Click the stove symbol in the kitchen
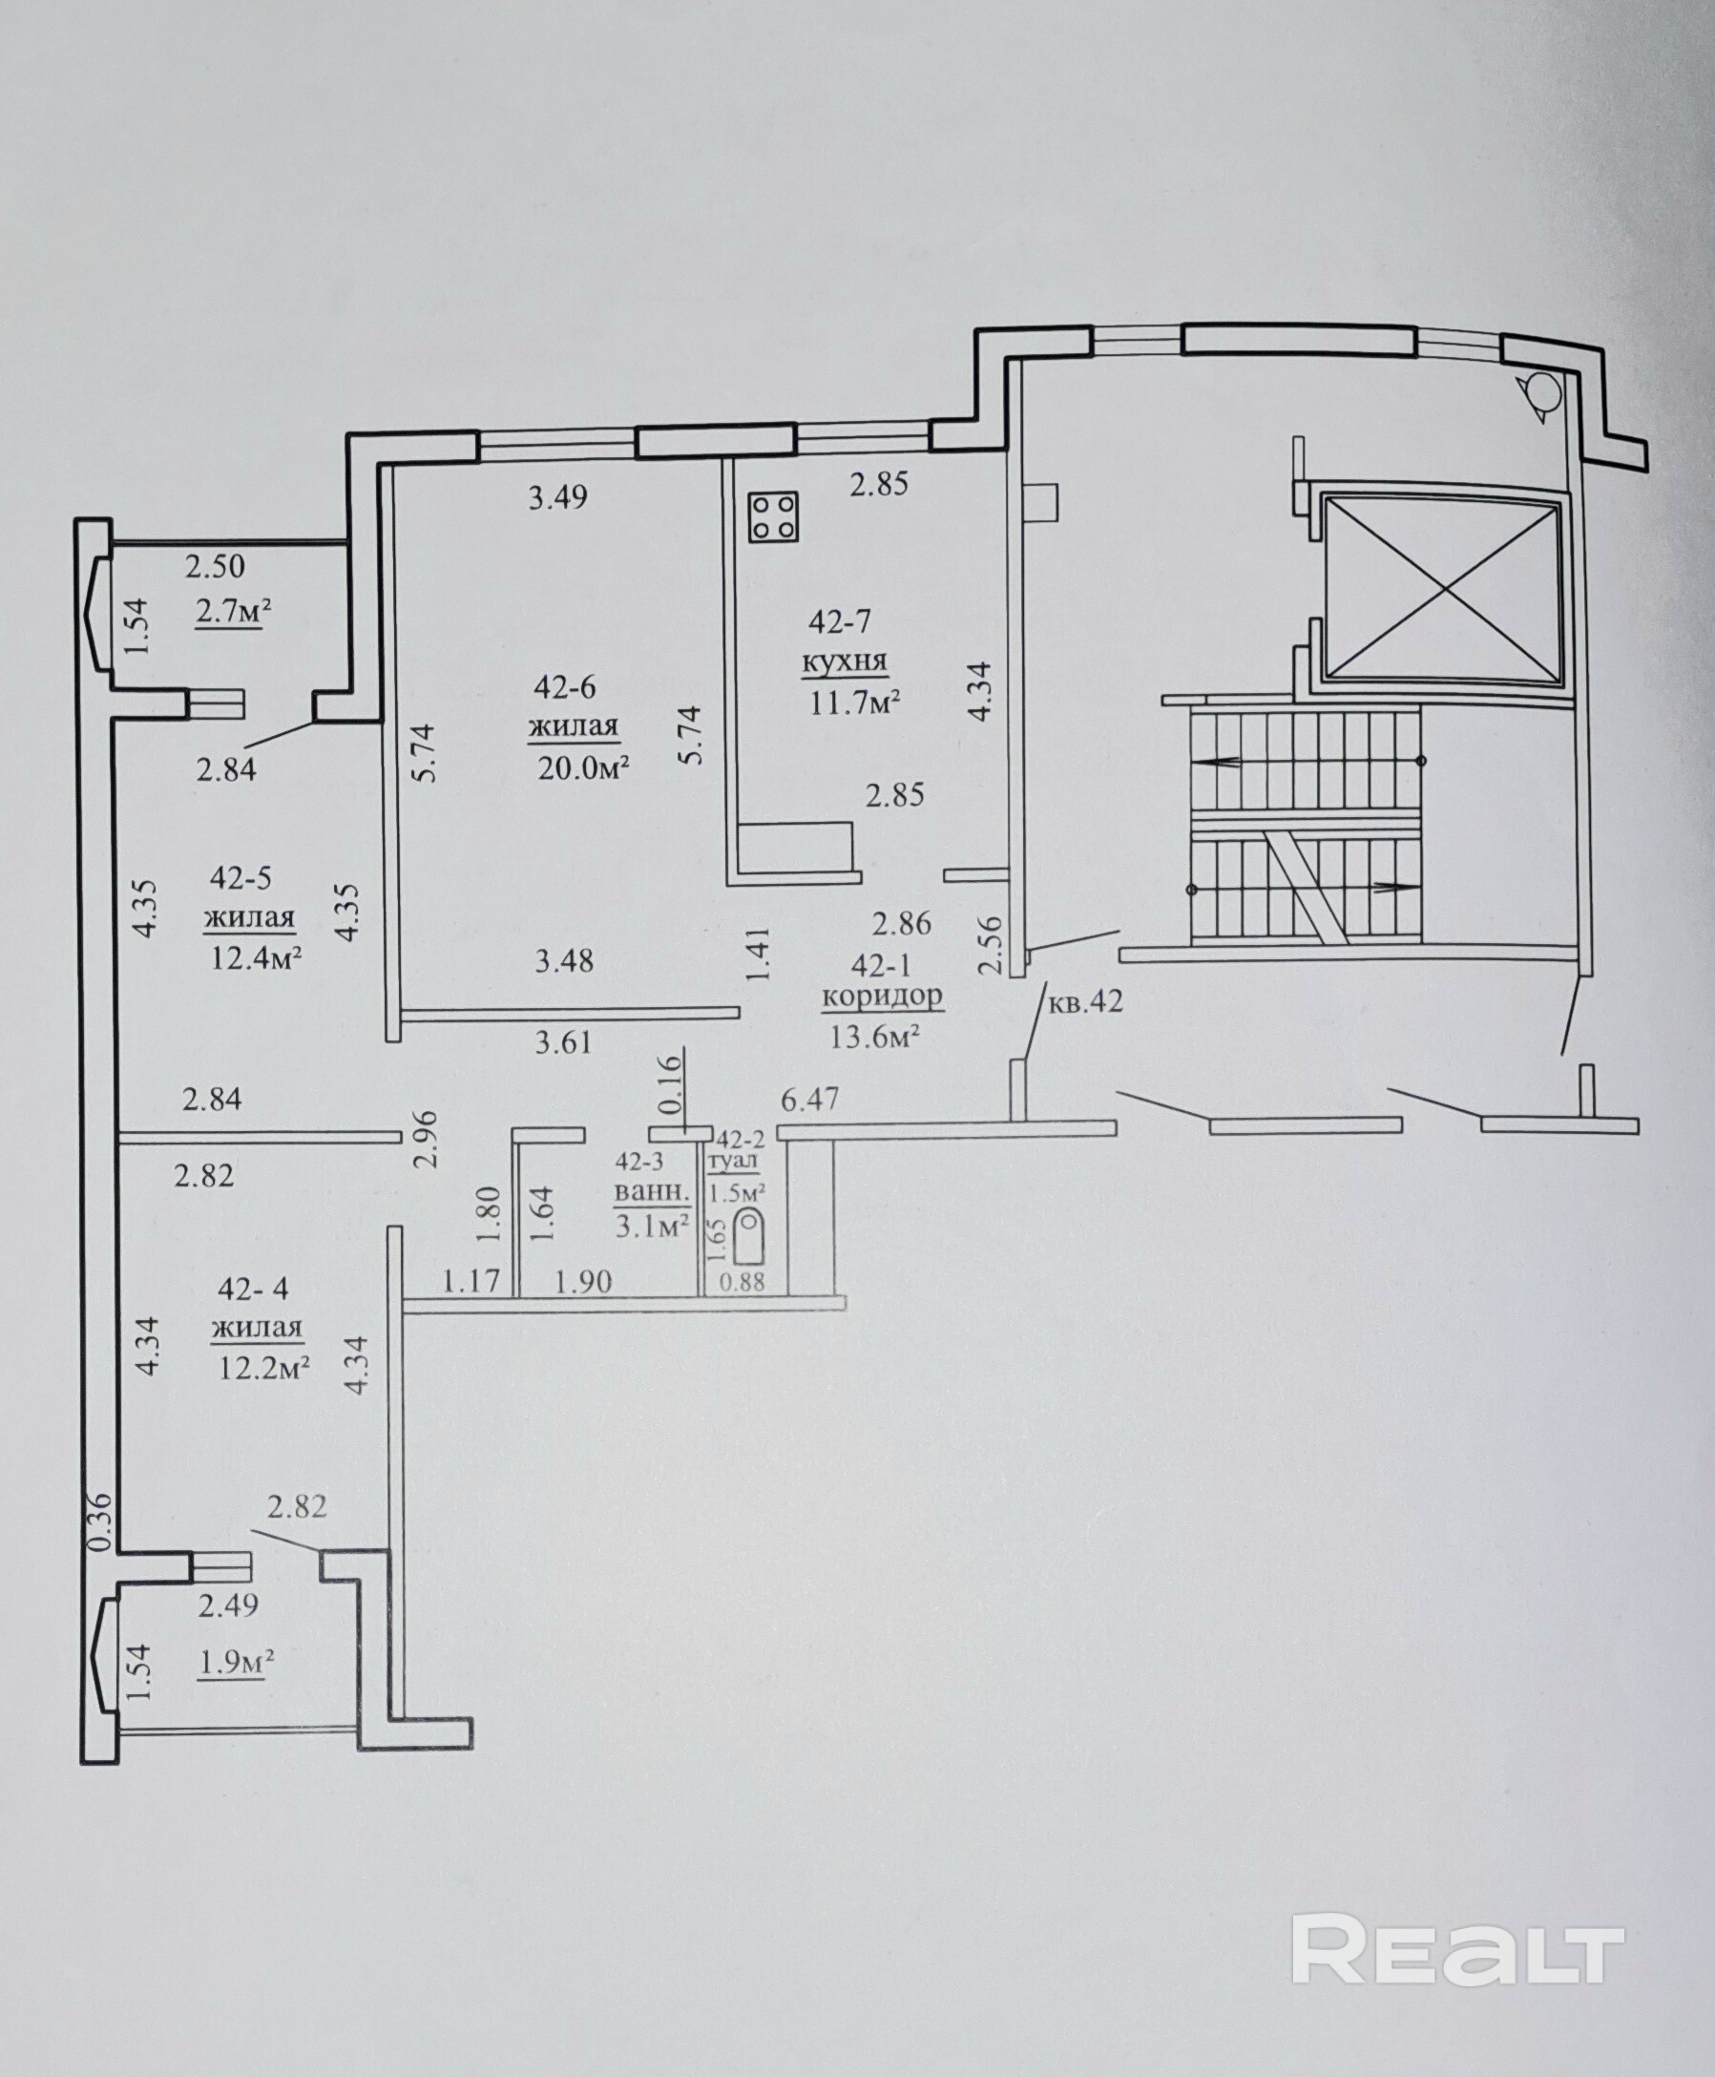click(x=774, y=517)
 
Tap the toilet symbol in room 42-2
click(x=752, y=1236)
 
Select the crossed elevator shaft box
click(x=1443, y=590)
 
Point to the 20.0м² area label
click(x=584, y=767)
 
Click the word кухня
click(x=845, y=662)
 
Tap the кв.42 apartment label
click(x=1085, y=1002)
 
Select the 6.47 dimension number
click(x=810, y=1099)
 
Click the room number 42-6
click(x=565, y=686)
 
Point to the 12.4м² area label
click(x=256, y=957)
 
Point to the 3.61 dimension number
click(x=564, y=1041)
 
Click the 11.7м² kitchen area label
click(x=854, y=703)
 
